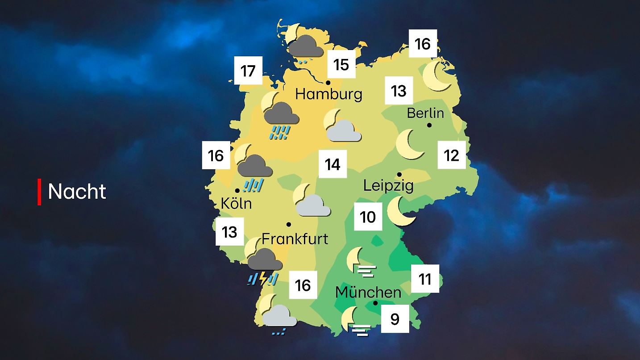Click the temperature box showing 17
(248, 71)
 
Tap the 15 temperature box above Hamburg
(341, 64)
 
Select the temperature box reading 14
(332, 164)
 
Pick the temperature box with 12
(452, 155)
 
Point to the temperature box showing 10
(368, 217)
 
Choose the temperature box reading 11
(425, 279)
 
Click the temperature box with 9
(395, 319)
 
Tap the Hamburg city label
(328, 94)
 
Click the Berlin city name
(425, 113)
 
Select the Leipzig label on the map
(388, 185)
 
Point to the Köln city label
(236, 204)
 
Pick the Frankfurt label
(295, 239)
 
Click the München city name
(368, 293)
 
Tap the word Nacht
(77, 192)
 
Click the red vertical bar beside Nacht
(39, 192)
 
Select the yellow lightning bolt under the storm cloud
(263, 278)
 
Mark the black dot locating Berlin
(429, 125)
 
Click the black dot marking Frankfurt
(289, 224)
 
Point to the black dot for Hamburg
(328, 83)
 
